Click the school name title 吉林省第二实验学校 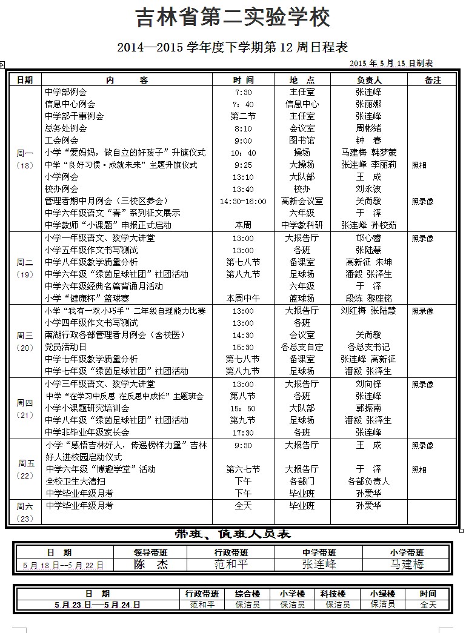click(x=233, y=18)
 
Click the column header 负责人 click(x=368, y=79)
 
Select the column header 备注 click(x=432, y=79)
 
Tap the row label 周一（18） click(x=24, y=159)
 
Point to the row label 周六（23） click(x=24, y=512)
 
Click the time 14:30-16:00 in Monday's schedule click(x=243, y=201)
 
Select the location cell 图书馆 click(x=302, y=141)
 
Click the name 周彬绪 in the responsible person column click(x=368, y=128)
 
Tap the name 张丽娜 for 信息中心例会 click(x=368, y=104)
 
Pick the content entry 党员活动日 click(x=66, y=347)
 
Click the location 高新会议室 click(x=302, y=201)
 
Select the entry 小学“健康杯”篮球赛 click(x=87, y=299)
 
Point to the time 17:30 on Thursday click(x=243, y=432)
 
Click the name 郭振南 click(x=368, y=408)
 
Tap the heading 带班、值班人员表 click(x=233, y=534)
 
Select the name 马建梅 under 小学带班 click(x=407, y=564)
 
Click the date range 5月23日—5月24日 click(x=97, y=604)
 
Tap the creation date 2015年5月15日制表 click(x=391, y=63)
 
